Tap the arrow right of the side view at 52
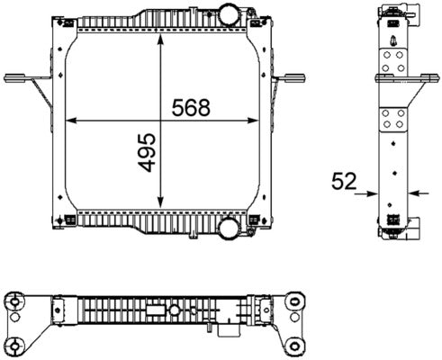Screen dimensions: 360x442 coord(411,192)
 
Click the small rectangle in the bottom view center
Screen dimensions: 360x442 coord(155,312)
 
